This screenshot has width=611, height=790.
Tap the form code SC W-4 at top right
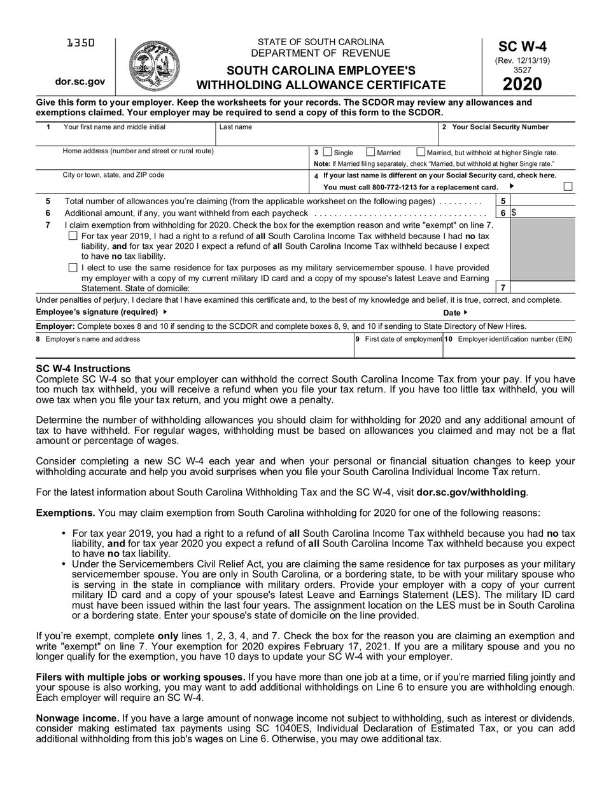click(522, 46)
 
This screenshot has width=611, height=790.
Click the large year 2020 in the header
click(522, 84)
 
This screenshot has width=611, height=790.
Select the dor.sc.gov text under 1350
click(80, 81)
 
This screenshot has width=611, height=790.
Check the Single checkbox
click(328, 152)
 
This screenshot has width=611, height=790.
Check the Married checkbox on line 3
click(371, 152)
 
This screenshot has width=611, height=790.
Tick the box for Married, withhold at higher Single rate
click(421, 152)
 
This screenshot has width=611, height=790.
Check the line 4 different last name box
click(568, 186)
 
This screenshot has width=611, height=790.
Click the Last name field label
click(235, 127)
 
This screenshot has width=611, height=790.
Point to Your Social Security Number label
click(500, 127)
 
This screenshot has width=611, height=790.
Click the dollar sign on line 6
click(514, 213)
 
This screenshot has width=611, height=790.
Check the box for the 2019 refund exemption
click(73, 236)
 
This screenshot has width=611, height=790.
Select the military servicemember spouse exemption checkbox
click(73, 268)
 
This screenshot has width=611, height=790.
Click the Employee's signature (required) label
click(97, 312)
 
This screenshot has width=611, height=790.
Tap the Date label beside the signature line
click(452, 313)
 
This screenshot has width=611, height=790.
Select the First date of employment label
click(403, 339)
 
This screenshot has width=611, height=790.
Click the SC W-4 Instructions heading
click(83, 369)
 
